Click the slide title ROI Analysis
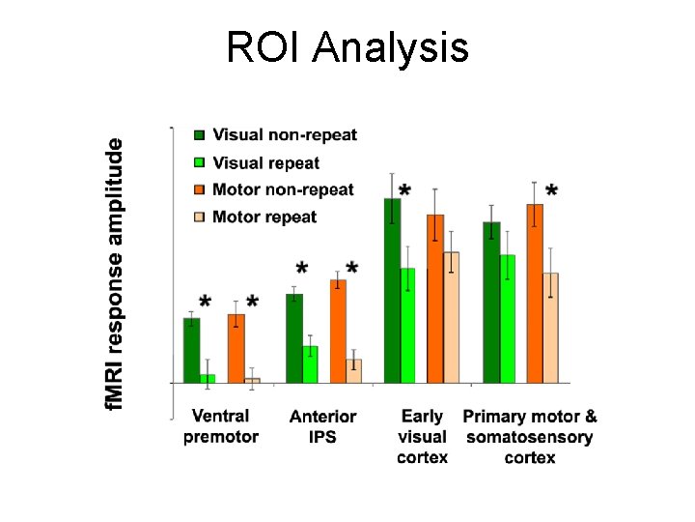tap(347, 46)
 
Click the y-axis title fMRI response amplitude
tap(115, 273)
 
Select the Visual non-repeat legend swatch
tap(199, 135)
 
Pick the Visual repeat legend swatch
tap(199, 162)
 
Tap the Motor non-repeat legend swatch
tap(199, 189)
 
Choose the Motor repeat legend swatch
tap(199, 217)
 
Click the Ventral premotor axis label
tap(221, 426)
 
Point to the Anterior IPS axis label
tap(322, 426)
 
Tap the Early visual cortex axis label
tap(422, 436)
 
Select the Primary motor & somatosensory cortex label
tap(530, 436)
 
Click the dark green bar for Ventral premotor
tap(192, 350)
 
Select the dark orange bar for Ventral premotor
tap(236, 348)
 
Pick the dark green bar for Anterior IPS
tap(294, 338)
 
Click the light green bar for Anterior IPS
tap(310, 364)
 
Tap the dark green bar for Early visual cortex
tap(392, 290)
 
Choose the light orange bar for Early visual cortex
tap(451, 317)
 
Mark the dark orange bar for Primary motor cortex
tap(535, 293)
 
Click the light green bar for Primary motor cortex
tap(508, 319)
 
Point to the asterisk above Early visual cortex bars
tap(404, 190)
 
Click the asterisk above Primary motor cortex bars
tap(551, 190)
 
